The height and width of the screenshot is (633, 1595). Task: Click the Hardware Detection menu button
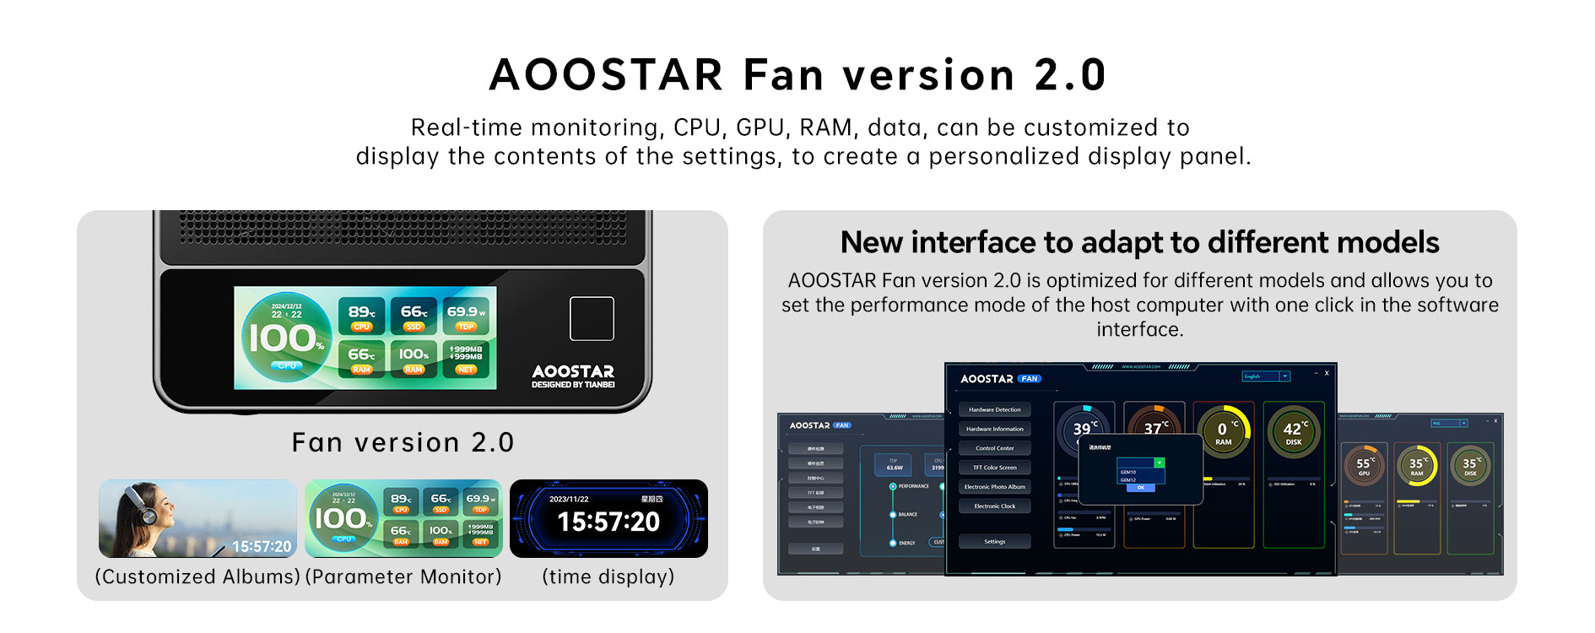tap(994, 409)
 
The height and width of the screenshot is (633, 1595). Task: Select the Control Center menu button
tap(994, 448)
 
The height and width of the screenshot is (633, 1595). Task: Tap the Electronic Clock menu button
tap(994, 506)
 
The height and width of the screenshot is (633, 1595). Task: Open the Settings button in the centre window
tap(994, 542)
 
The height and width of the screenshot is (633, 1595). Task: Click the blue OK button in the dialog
tap(1140, 488)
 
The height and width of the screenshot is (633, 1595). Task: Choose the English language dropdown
tap(1266, 376)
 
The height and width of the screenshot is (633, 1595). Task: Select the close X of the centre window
tap(1327, 373)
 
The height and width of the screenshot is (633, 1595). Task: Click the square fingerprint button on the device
tap(592, 318)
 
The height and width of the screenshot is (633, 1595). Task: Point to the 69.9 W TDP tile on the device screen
tap(466, 316)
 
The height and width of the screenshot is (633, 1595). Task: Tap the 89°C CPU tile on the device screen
tap(362, 316)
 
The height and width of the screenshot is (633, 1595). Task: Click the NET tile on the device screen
tap(466, 358)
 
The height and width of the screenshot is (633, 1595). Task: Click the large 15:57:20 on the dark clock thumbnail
tap(608, 522)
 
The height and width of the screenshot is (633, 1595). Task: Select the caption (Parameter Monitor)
tap(403, 576)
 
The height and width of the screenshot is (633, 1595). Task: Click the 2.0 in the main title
tap(1070, 75)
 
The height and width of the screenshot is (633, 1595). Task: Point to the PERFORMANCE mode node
tap(893, 486)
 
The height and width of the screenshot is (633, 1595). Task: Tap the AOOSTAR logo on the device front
tap(573, 371)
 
